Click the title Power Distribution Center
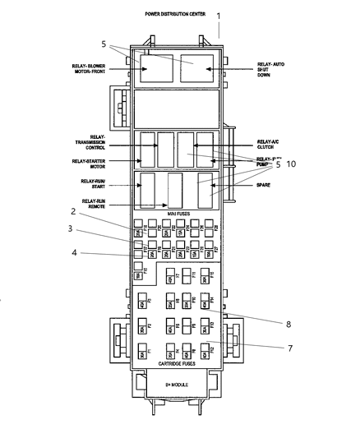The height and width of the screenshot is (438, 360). click(176, 14)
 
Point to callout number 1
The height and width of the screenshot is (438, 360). click(219, 16)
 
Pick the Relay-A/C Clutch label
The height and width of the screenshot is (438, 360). click(270, 144)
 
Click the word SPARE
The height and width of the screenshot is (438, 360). click(265, 185)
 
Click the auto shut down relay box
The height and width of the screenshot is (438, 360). click(196, 69)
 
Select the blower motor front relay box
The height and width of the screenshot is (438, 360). click(155, 69)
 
